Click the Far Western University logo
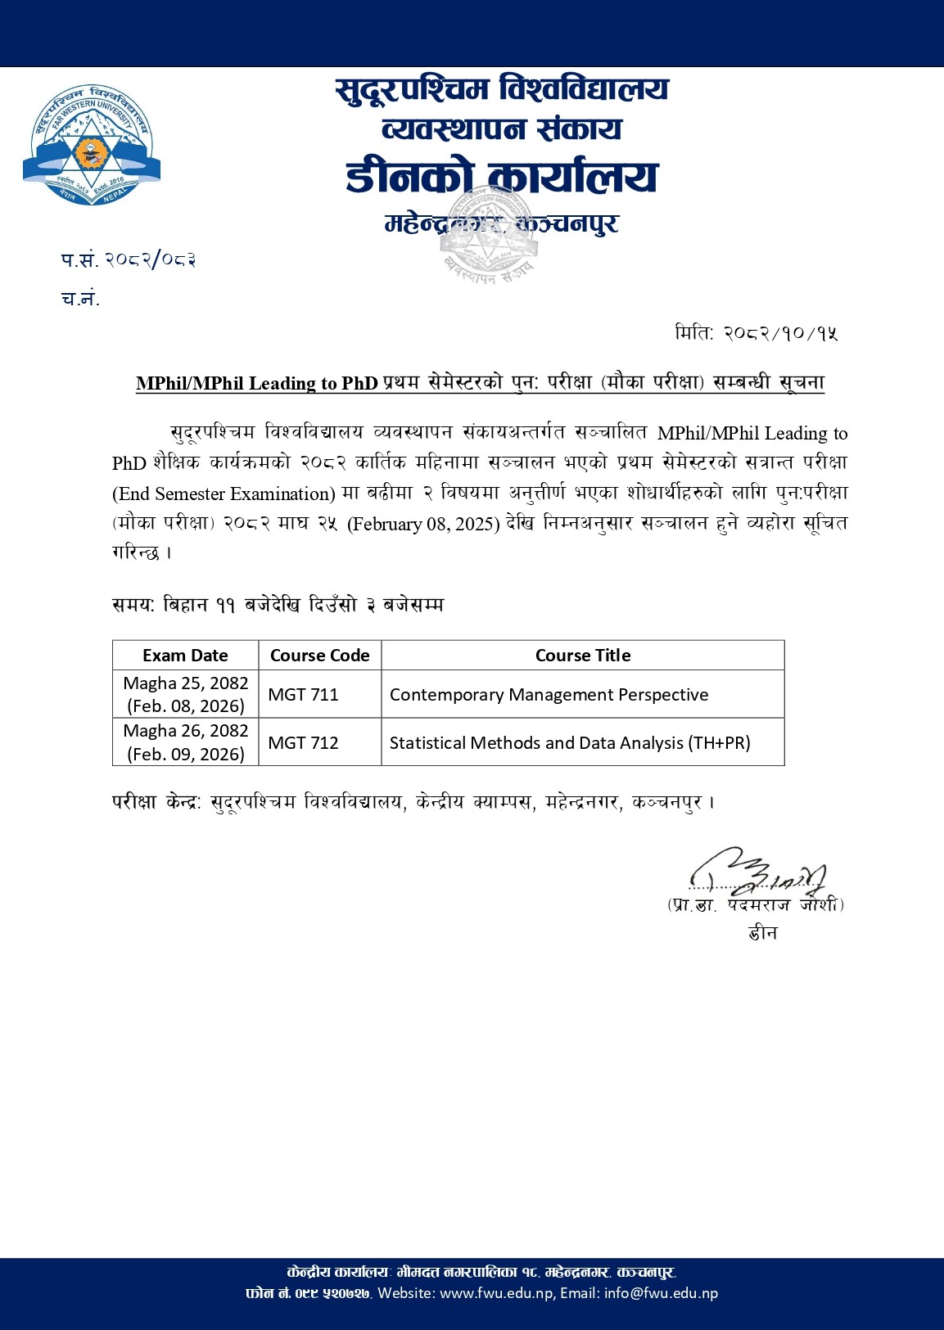(x=92, y=145)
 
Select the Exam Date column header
(x=185, y=656)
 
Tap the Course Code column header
(x=319, y=656)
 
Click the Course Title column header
(x=582, y=656)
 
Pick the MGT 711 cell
(x=304, y=695)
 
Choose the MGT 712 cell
(x=304, y=743)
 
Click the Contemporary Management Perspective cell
(x=549, y=695)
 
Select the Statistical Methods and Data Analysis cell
(x=570, y=743)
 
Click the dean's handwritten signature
(x=757, y=872)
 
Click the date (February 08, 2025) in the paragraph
(x=423, y=524)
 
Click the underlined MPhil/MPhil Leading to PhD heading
(x=257, y=383)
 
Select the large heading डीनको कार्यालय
(x=501, y=177)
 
